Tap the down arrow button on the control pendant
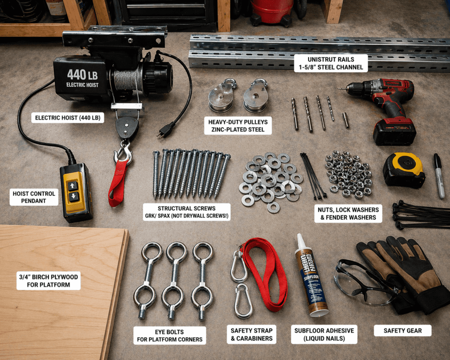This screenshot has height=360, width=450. click(74, 196)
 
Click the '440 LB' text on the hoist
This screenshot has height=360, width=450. click(82, 74)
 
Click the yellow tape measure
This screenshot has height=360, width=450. click(403, 170)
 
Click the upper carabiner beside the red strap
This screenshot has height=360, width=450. click(239, 267)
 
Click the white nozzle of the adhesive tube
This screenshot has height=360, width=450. click(301, 242)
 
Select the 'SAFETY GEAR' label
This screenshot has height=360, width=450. click(402, 331)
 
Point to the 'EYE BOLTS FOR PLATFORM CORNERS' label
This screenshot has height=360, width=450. click(170, 335)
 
